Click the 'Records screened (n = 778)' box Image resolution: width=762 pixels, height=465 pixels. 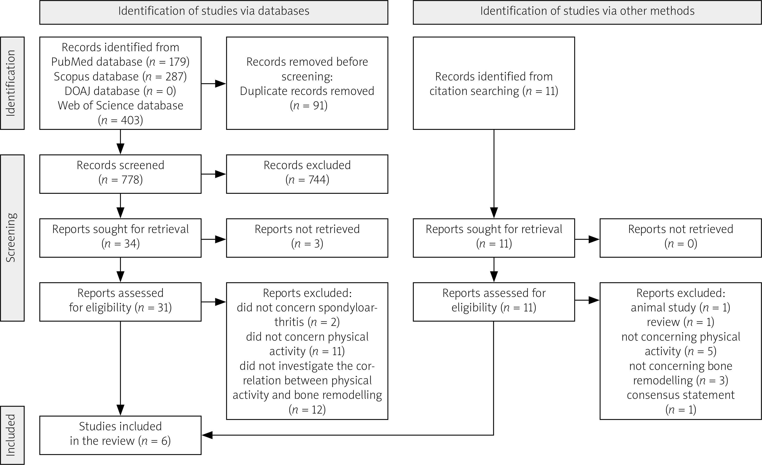coord(120,174)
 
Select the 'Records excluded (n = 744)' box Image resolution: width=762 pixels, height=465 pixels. coord(307,174)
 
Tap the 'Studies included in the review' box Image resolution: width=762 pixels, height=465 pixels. coord(120,435)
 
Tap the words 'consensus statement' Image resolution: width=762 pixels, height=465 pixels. coord(681,395)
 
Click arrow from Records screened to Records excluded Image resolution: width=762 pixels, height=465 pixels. coord(214,174)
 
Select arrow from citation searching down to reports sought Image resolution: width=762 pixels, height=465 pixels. coord(494,174)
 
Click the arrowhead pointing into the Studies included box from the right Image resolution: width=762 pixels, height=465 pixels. coord(207,435)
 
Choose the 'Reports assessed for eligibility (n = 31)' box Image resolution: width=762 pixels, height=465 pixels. coord(120,302)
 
